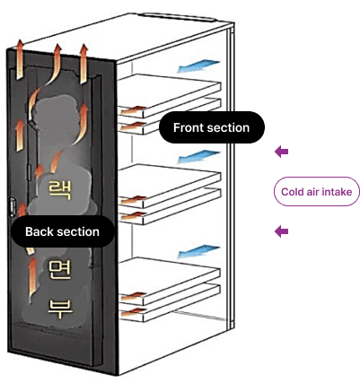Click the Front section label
coord(212,127)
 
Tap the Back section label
coord(62,231)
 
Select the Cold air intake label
coord(317,192)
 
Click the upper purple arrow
coord(281,152)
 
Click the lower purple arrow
coord(281,231)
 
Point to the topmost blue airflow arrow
coord(198,65)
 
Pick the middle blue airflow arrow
coord(198,157)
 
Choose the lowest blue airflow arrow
coord(198,251)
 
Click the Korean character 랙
coord(60,190)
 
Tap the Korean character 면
coord(60,270)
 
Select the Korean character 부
coord(60,309)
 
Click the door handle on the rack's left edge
coord(13,206)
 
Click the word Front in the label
coord(187,127)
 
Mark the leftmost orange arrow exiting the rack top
coord(20,59)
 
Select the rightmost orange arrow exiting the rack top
coord(83,64)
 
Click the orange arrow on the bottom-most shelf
coord(134,312)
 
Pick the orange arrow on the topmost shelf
coord(134,109)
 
